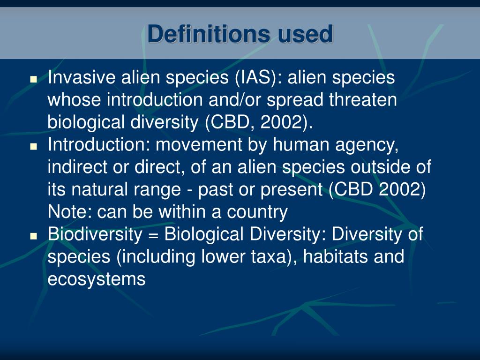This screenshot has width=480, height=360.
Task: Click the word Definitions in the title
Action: pos(208,35)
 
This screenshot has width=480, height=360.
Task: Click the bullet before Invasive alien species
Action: pos(33,79)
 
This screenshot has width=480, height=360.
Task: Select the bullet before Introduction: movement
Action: pos(33,146)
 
